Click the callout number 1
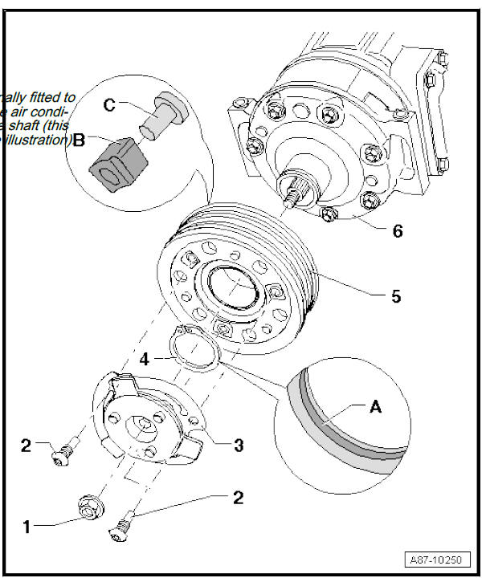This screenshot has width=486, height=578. (x=27, y=527)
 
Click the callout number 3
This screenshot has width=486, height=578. (x=239, y=444)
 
